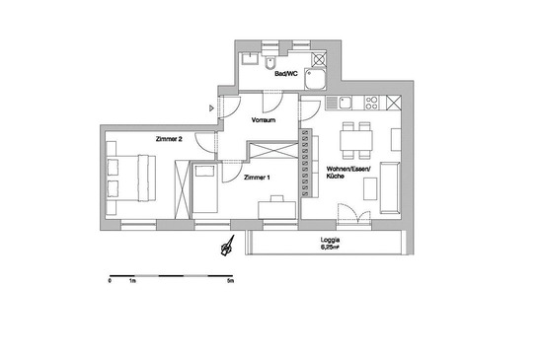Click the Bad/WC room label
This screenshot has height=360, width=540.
pyautogui.click(x=286, y=74)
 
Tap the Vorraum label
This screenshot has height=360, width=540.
pyautogui.click(x=264, y=120)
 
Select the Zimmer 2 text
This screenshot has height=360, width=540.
pyautogui.click(x=169, y=139)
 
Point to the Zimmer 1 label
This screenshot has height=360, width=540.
pyautogui.click(x=257, y=178)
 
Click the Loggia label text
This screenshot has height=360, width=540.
pyautogui.click(x=331, y=240)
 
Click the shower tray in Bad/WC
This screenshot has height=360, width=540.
pyautogui.click(x=315, y=79)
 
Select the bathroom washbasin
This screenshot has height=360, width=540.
pyautogui.click(x=249, y=58)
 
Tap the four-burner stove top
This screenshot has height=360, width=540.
pyautogui.click(x=371, y=103)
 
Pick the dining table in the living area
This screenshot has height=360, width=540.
pyautogui.click(x=356, y=140)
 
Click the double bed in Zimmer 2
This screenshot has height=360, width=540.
pyautogui.click(x=131, y=179)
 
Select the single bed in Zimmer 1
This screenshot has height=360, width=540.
pyautogui.click(x=205, y=188)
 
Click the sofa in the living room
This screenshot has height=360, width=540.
pyautogui.click(x=390, y=187)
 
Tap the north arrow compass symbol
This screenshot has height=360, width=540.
pyautogui.click(x=228, y=246)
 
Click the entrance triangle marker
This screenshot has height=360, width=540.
pyautogui.click(x=212, y=108)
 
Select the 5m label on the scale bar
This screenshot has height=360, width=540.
pyautogui.click(x=230, y=281)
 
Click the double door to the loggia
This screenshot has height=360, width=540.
pyautogui.click(x=354, y=214)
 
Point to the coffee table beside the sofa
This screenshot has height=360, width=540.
pyautogui.click(x=370, y=188)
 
